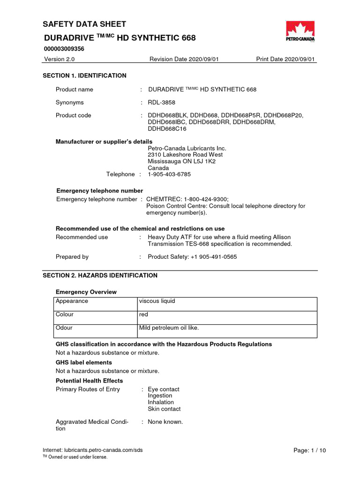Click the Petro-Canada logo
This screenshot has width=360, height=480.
(300, 33)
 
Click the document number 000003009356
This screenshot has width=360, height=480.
(64, 48)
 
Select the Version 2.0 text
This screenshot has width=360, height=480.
(59, 59)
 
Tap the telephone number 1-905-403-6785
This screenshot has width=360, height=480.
(169, 174)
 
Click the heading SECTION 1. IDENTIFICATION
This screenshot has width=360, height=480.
(84, 75)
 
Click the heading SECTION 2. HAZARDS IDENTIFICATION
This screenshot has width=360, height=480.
(100, 276)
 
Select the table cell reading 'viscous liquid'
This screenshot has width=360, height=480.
(157, 301)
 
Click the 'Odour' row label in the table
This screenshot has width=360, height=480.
(64, 328)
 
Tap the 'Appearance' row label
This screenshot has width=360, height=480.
(72, 301)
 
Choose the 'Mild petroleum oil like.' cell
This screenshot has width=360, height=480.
(169, 328)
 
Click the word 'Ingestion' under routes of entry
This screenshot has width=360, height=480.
(160, 396)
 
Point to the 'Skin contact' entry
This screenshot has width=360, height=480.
(164, 409)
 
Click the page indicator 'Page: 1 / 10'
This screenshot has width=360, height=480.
(309, 450)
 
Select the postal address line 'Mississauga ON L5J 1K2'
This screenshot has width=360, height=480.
(182, 161)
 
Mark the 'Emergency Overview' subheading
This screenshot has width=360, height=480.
(86, 292)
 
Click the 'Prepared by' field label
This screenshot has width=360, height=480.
(72, 257)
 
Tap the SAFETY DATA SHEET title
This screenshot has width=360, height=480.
(84, 24)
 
